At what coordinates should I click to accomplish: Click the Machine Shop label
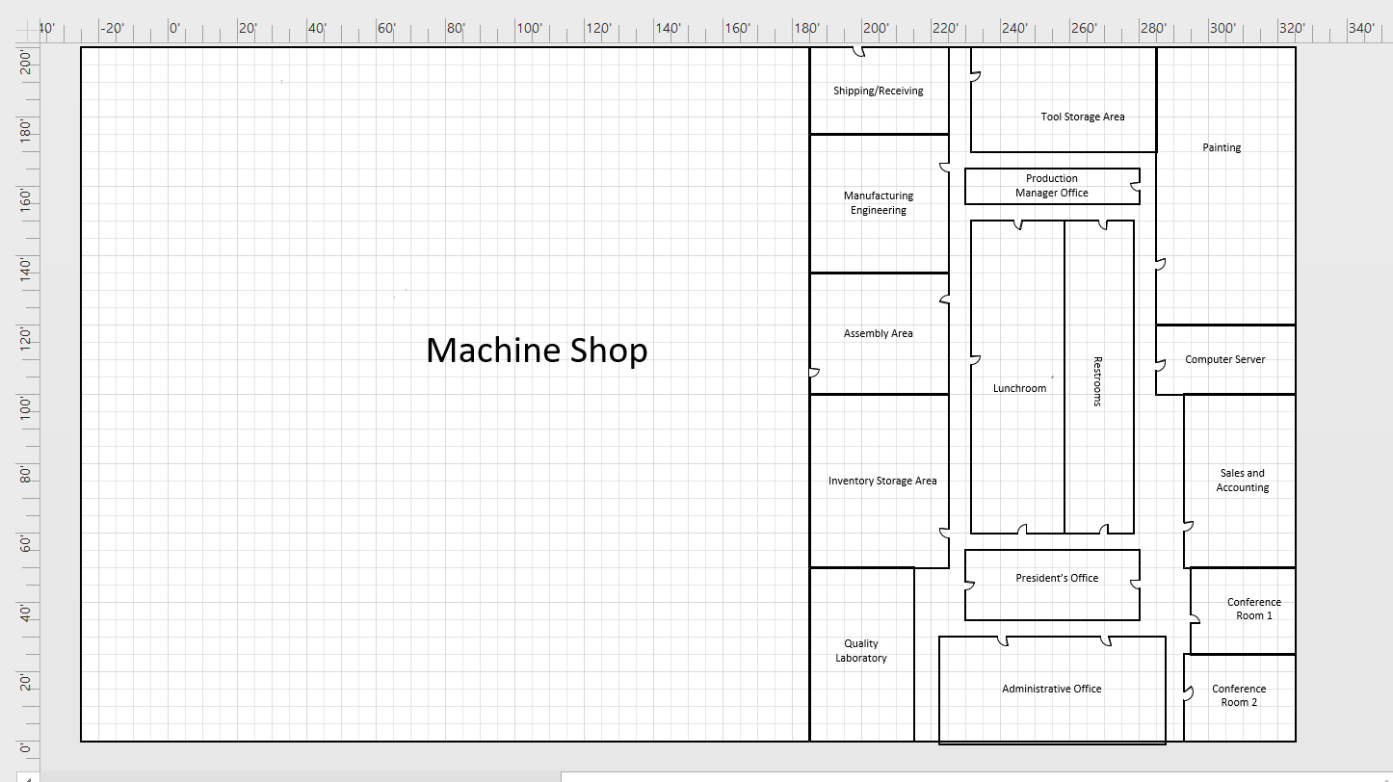pos(537,350)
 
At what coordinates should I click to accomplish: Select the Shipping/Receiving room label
pos(878,91)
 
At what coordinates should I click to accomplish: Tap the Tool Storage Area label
pos(1082,117)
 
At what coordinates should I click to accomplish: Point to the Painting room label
pos(1222,148)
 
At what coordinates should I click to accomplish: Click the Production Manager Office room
pos(1052,186)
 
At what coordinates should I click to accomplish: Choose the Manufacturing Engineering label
pos(879,203)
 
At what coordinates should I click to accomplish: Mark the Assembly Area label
pos(878,334)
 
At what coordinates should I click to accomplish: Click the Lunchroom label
pos(1019,389)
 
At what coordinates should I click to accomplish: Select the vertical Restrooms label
pos(1097,381)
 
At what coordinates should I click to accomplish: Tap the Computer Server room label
pos(1224,360)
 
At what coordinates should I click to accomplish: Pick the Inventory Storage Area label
pos(882,482)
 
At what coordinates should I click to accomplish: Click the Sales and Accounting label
pos(1242,481)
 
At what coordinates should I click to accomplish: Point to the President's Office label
pos(1057,579)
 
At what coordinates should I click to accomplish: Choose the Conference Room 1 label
pos(1254,609)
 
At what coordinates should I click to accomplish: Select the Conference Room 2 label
pos(1239,695)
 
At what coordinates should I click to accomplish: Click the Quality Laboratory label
pos(861,651)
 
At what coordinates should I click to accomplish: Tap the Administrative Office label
pos(1051,690)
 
